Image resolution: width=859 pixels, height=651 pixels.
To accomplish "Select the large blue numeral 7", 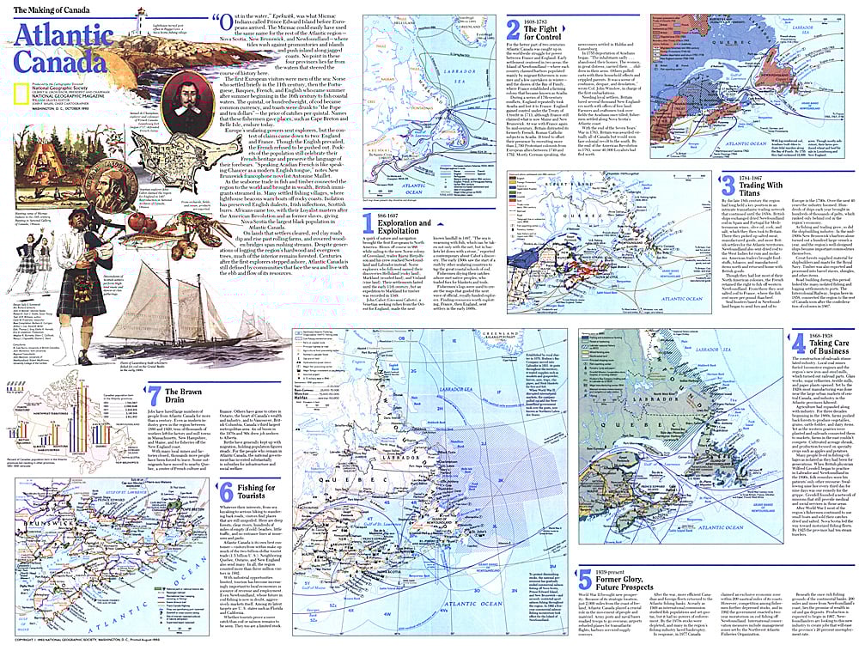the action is (x=154, y=396).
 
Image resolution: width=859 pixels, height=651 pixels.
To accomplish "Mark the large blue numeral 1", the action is (x=369, y=226).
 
